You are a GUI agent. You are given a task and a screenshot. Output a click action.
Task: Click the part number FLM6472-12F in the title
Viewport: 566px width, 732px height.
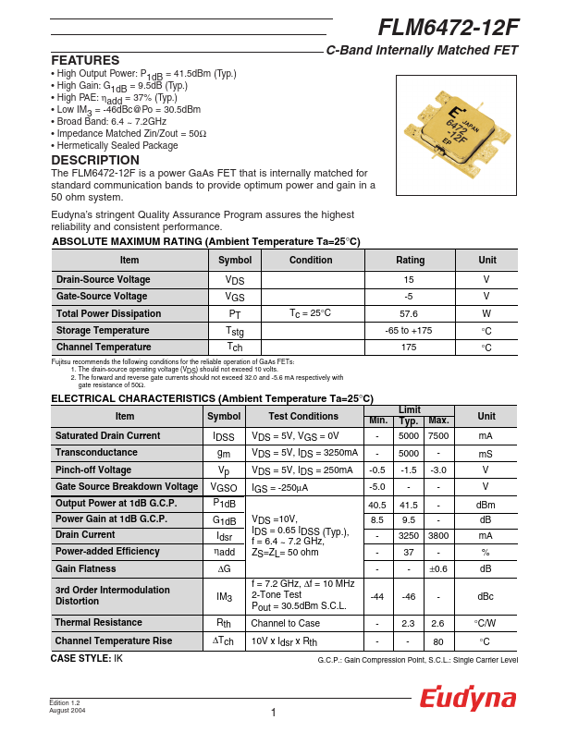pos(448,28)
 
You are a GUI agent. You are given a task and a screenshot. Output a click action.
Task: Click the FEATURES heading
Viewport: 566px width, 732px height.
pos(85,60)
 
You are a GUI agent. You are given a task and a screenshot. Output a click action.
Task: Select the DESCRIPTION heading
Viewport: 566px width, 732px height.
pos(95,160)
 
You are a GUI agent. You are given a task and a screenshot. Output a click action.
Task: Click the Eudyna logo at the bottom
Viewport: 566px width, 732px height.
pos(468,699)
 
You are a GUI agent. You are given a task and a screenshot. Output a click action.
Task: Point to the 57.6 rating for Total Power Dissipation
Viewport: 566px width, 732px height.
pos(409,313)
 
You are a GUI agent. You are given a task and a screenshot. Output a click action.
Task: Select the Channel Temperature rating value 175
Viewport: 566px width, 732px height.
pos(409,348)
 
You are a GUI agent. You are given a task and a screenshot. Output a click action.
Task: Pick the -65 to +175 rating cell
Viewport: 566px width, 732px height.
pos(409,330)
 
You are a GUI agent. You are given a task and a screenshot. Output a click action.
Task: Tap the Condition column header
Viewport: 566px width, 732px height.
pos(311,260)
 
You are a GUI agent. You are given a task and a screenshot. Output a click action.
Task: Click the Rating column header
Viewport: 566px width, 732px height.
pos(410,260)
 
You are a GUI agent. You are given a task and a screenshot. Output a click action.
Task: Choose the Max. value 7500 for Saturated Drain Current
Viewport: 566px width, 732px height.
pos(438,435)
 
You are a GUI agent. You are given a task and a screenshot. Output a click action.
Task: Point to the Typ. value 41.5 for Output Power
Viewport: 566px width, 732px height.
pos(408,505)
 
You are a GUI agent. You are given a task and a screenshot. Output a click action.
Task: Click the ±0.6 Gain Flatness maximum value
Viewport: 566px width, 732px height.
pos(438,568)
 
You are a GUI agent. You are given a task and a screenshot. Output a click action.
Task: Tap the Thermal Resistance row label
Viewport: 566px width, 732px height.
pos(97,623)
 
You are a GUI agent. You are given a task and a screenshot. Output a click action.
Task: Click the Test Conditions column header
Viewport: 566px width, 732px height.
pos(304,416)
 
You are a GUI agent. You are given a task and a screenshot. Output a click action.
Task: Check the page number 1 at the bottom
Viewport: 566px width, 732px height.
pos(274,712)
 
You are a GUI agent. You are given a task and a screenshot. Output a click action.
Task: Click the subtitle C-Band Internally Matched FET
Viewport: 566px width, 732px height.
pos(422,51)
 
